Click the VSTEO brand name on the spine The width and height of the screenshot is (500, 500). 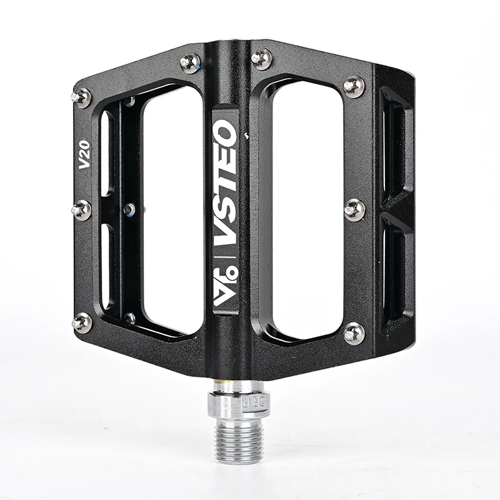click(225, 181)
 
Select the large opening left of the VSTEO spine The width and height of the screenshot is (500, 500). click(171, 209)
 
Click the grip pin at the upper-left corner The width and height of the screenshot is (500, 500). click(81, 97)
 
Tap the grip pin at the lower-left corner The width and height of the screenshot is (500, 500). click(82, 322)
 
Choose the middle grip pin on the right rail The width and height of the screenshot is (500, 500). click(354, 209)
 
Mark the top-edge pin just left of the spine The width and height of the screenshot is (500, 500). click(190, 61)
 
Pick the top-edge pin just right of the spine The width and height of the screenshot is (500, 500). click(261, 59)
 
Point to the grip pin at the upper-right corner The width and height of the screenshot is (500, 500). click(354, 86)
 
